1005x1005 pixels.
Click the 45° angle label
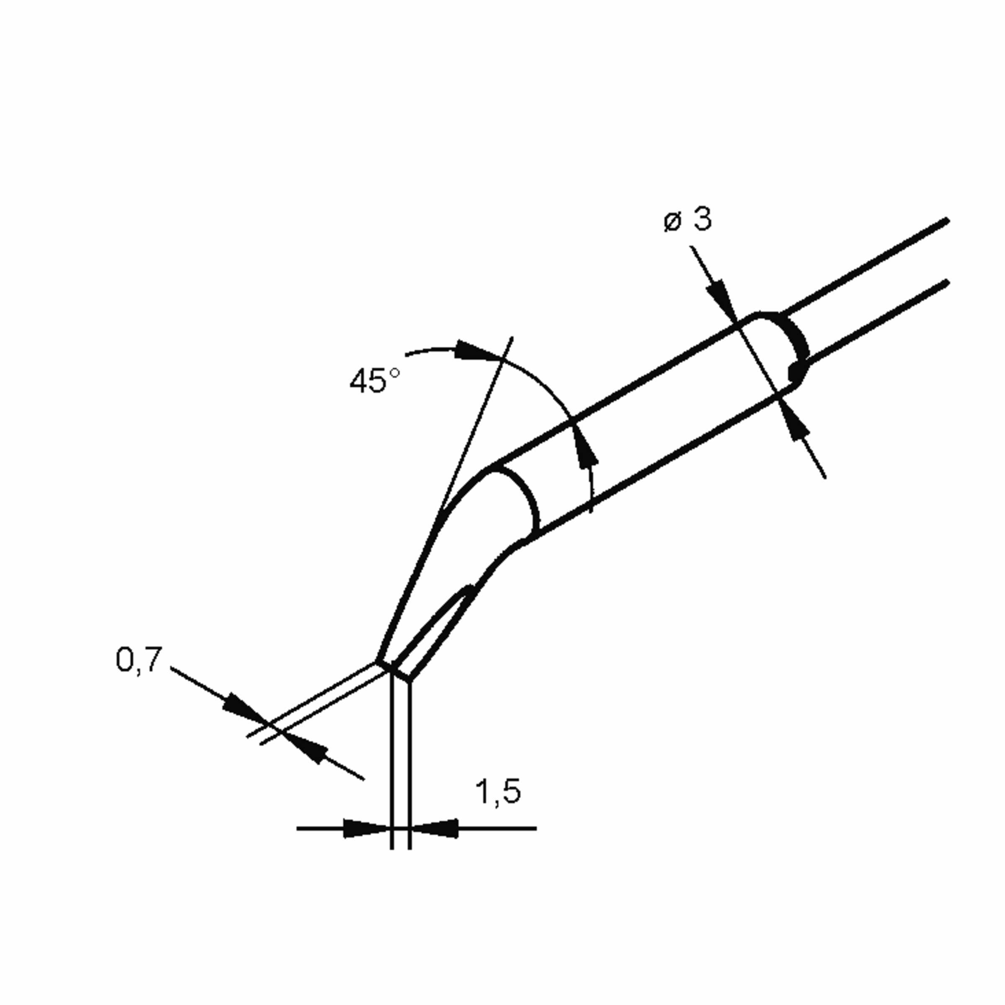(374, 380)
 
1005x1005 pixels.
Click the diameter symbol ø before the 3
(673, 222)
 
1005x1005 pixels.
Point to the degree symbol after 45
(394, 373)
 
